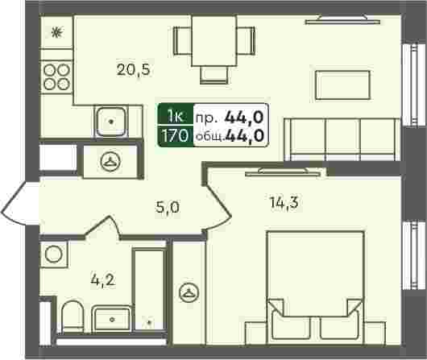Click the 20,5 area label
pos(134,70)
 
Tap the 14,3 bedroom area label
pos(284,203)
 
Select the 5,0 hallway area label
pos(168,208)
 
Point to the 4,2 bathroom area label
pos(103,280)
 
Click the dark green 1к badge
pos(176,115)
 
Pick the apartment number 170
pos(175,135)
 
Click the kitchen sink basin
pos(111,122)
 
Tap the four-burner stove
pos(56,77)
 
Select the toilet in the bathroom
pos(73,317)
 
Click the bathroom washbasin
pos(112,319)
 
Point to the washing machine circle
pos(54,254)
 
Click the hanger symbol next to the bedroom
pos(189,292)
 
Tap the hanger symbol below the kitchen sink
pos(110,161)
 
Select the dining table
pos(214,41)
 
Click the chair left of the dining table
pos(182,41)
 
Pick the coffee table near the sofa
pos(342,85)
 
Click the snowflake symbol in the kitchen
pos(57,32)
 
